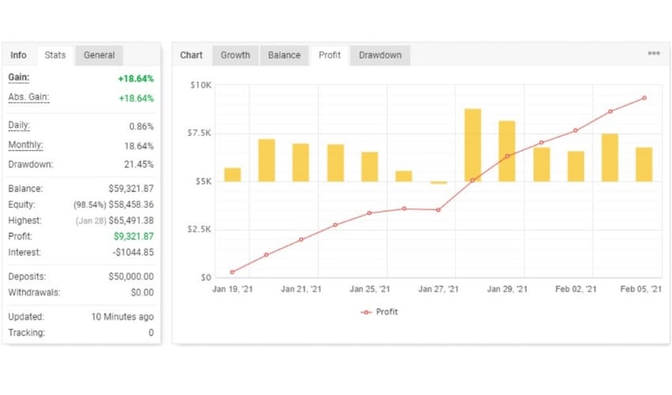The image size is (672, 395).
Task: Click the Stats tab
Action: [55, 55]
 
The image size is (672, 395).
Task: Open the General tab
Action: [99, 55]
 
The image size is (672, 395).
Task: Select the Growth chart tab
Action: [235, 55]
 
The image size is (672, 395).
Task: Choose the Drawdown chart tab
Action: [379, 55]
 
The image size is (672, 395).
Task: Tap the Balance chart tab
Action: [284, 55]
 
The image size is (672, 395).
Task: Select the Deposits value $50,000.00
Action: [131, 276]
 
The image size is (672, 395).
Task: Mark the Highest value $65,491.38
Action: [131, 220]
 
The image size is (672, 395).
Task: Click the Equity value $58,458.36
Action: [131, 205]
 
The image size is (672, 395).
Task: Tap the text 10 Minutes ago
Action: [123, 317]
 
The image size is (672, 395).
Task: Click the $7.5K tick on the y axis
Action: [199, 133]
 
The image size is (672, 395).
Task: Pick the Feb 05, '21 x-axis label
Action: [641, 290]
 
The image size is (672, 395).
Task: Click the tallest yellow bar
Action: [473, 145]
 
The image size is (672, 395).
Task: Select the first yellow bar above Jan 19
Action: [232, 175]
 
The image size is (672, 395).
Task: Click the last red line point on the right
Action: [644, 98]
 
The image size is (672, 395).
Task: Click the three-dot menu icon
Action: [654, 54]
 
